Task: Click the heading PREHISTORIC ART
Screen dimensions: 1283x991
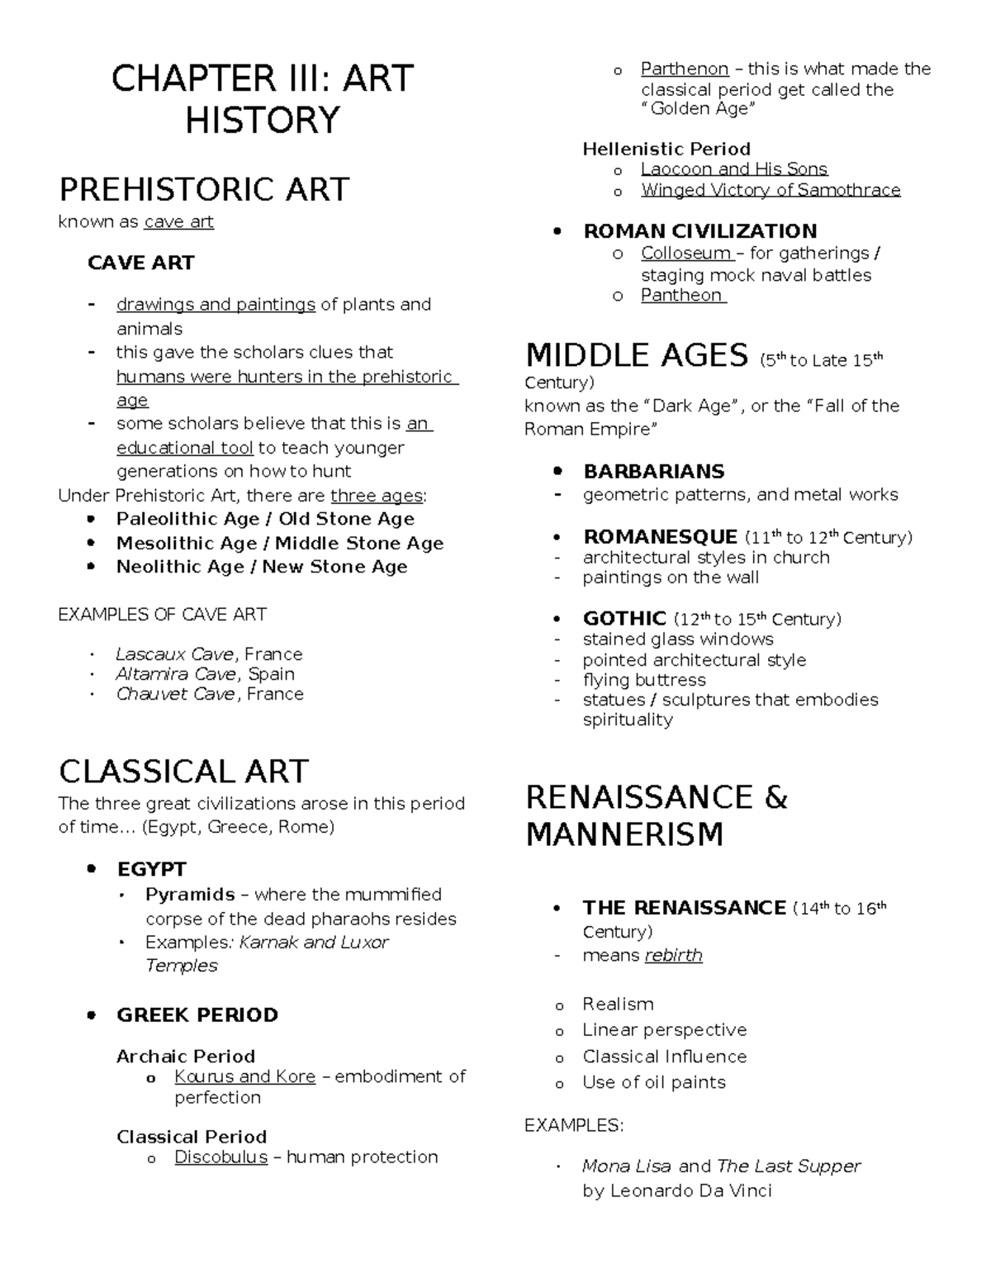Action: (x=204, y=189)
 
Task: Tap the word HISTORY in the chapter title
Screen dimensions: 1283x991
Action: (x=262, y=121)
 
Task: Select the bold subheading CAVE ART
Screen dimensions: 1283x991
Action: (x=140, y=263)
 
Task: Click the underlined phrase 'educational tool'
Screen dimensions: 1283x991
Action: (x=184, y=448)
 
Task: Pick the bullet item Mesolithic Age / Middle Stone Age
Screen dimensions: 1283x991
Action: (x=279, y=543)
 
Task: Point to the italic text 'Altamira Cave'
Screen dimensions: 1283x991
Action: (x=175, y=674)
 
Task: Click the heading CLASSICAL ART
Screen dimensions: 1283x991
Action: (x=183, y=772)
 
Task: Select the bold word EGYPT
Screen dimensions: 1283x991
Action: (x=151, y=869)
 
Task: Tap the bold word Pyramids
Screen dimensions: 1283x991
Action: (x=190, y=895)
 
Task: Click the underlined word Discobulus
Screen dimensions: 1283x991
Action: (x=220, y=1157)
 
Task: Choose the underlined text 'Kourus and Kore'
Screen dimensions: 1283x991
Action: (x=244, y=1076)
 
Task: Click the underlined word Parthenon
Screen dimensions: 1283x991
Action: (x=685, y=69)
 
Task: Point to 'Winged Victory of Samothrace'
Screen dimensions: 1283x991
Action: (x=771, y=190)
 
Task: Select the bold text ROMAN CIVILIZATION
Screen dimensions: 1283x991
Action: (x=699, y=231)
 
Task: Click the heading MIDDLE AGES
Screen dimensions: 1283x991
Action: (x=637, y=356)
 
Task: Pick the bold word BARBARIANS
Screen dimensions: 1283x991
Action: (x=653, y=472)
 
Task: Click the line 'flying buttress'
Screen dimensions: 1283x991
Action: (x=644, y=680)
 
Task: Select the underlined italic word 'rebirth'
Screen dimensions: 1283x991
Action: (x=673, y=955)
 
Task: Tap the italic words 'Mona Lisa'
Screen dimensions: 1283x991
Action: (x=627, y=1166)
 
